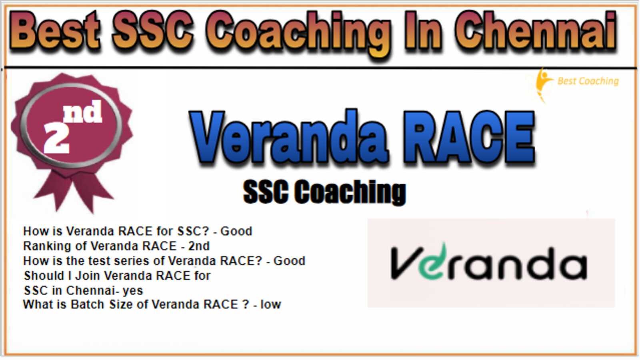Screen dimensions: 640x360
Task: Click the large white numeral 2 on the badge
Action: (x=56, y=138)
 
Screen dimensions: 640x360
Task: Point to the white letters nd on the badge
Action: (x=83, y=112)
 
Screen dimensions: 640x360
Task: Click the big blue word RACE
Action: (x=468, y=137)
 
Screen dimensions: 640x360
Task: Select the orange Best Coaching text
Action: (x=588, y=81)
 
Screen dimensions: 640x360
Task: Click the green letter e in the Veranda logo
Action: (x=432, y=262)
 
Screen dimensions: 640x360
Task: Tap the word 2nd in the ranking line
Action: (x=199, y=246)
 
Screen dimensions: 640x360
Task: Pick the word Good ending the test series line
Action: (x=290, y=261)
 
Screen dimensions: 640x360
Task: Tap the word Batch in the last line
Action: (x=87, y=304)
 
